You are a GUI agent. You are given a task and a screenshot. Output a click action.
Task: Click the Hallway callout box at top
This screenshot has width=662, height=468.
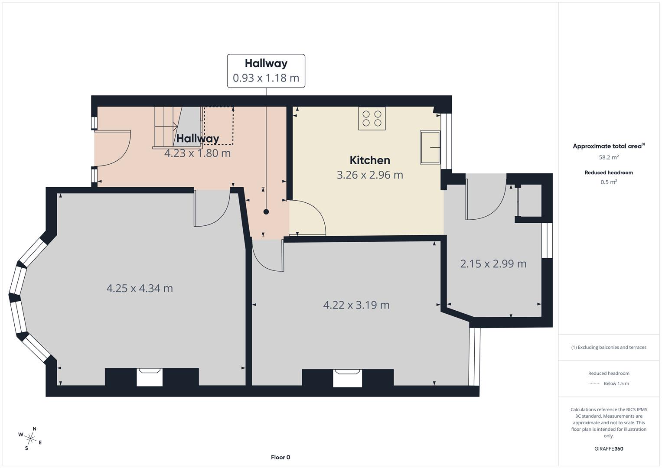pos(266,71)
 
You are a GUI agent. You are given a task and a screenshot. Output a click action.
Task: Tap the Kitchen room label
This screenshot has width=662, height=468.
pos(370,160)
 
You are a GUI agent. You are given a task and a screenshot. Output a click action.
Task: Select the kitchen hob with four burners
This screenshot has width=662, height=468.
pos(372,118)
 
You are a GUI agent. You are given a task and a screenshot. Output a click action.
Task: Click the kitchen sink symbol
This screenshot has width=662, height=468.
pos(430,147)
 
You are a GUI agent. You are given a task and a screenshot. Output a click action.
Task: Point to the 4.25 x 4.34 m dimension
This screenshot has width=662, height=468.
pos(140,288)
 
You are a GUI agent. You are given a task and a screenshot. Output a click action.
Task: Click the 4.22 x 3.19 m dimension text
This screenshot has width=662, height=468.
pos(356,305)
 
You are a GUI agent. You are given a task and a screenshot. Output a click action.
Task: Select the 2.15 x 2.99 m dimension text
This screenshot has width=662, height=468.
pos(493,264)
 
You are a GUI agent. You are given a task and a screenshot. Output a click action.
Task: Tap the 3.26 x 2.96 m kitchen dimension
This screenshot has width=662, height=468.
pos(370,175)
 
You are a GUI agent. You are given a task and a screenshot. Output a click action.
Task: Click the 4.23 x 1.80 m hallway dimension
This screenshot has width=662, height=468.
pos(197,153)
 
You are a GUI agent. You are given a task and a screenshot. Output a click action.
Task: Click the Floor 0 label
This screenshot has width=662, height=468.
pos(280,457)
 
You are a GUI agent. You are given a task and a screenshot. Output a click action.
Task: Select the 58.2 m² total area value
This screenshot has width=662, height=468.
pos(609,157)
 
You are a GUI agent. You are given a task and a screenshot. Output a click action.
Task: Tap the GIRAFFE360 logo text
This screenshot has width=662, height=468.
pos(609,448)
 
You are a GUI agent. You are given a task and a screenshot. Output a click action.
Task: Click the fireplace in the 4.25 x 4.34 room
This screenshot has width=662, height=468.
pos(150,377)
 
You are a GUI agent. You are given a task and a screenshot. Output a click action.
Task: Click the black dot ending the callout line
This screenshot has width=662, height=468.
pos(266,212)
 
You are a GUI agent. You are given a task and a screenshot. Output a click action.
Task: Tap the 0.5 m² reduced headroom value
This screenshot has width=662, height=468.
pos(609,182)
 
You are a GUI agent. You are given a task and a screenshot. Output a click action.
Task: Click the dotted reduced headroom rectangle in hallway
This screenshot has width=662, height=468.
pos(218,126)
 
